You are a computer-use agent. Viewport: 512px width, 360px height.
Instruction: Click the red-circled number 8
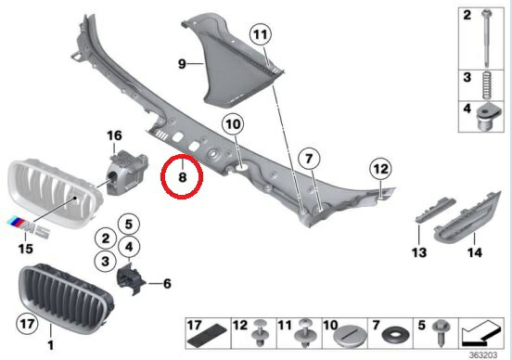(x=184, y=174)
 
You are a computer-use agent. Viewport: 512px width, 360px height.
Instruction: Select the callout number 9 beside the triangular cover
(x=183, y=63)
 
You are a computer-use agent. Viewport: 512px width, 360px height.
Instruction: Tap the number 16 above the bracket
(x=114, y=136)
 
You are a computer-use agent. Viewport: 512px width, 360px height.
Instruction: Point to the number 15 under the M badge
(x=25, y=249)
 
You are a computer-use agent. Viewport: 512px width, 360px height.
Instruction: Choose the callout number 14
(x=475, y=251)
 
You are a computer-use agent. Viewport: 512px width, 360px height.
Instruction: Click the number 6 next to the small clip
(x=167, y=284)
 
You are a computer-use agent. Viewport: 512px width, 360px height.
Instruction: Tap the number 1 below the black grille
(x=51, y=345)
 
